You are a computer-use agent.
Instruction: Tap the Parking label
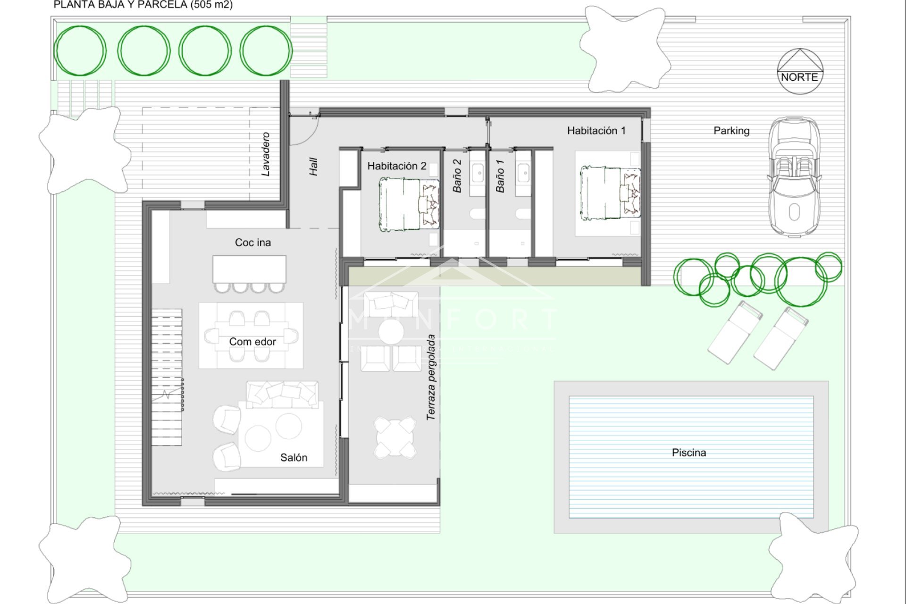click(x=731, y=131)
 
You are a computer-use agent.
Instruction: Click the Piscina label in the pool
click(x=688, y=453)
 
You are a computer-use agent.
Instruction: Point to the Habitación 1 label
click(x=596, y=131)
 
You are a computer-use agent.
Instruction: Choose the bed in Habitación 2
click(x=409, y=204)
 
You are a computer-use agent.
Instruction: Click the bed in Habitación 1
click(x=610, y=193)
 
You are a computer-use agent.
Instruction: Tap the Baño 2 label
click(x=457, y=176)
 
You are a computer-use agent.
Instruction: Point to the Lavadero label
click(x=266, y=154)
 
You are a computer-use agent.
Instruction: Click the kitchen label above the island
click(x=253, y=243)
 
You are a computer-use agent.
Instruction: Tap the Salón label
click(x=294, y=457)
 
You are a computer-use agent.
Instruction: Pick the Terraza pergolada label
click(x=430, y=377)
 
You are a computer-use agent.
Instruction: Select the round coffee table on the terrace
click(x=391, y=332)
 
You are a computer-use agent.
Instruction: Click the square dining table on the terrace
click(x=395, y=437)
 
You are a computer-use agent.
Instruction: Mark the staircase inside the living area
click(x=167, y=377)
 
